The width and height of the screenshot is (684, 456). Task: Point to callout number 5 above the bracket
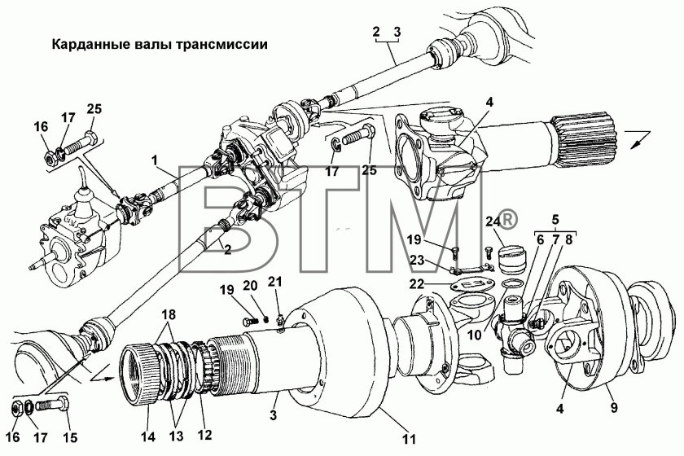click(555, 220)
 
